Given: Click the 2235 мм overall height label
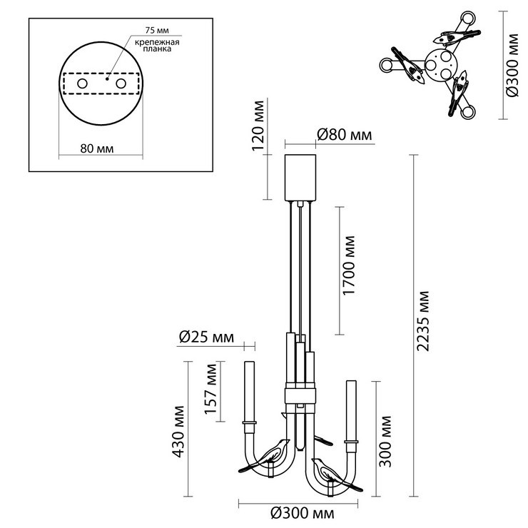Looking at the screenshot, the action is (423, 321).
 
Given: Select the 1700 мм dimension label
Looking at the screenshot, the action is (348, 265).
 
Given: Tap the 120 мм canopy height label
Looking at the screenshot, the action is (258, 126).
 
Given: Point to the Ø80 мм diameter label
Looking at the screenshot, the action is (345, 135).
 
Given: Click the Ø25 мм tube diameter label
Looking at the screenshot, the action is (206, 337).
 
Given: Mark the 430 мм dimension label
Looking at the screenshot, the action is (178, 432).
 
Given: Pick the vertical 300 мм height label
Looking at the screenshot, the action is (385, 441).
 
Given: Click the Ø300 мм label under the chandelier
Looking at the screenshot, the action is (303, 514).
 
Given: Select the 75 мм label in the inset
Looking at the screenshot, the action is (157, 30).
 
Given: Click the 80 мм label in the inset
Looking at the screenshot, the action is (97, 148).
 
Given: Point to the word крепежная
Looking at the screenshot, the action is (157, 42).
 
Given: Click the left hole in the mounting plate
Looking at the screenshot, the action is (83, 83).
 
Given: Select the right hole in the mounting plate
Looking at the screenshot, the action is (121, 83).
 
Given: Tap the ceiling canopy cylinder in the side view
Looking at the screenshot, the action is (300, 178).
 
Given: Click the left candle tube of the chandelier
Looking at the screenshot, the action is (250, 391).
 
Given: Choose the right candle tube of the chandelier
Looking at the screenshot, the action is (351, 411).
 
